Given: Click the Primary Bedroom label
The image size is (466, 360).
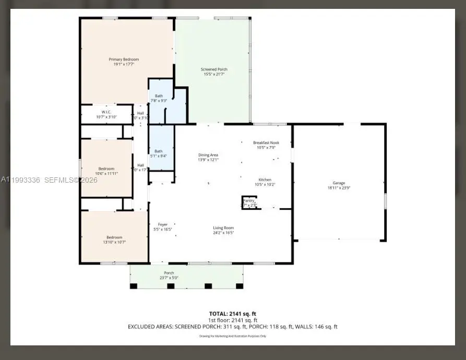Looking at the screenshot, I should point(121,59).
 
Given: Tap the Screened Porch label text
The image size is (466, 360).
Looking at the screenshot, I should point(214,69).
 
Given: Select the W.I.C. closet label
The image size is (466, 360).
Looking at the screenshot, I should point(106,112).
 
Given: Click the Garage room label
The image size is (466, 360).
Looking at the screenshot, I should point(339,183).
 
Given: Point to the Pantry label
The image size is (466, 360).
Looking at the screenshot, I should point(249,200).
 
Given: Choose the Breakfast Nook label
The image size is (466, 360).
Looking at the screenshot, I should point(266,142).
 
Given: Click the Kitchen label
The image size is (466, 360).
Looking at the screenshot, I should point(265,179).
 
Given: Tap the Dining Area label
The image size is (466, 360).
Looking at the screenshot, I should point(208,155).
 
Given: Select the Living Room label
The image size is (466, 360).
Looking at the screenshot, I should point(223,227).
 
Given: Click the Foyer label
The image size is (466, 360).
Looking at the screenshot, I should point(163,224).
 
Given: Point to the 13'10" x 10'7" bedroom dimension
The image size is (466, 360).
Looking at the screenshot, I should point(114,242).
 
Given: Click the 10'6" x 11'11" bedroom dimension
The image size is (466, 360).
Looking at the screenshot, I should point(106,173).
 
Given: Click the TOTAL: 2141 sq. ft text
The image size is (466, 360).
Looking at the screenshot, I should point(233,314).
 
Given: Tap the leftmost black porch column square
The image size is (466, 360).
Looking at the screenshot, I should point(134,286).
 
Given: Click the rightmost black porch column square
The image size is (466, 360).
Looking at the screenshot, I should point(240,286).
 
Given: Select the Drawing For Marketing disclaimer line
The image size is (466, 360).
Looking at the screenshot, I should point(233,336).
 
